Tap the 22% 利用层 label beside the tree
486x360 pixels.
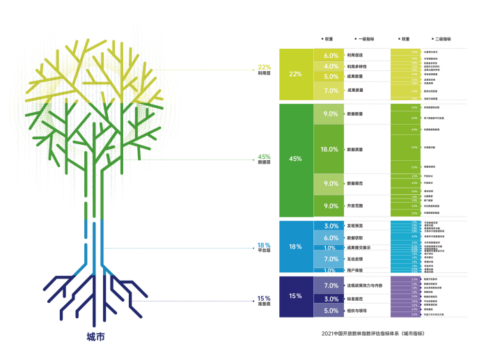(264, 69)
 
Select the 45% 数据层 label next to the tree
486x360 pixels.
(264, 159)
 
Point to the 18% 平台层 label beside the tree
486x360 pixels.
(264, 248)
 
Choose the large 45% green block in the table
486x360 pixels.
(295, 159)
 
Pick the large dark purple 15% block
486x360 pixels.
(295, 296)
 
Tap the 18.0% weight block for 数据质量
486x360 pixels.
(331, 150)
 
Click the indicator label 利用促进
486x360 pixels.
(355, 55)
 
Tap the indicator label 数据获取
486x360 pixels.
(355, 238)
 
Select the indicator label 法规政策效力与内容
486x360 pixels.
(363, 285)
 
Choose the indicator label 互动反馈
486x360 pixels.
(355, 259)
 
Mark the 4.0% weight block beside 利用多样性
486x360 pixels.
(331, 66)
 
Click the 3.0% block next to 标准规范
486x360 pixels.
(331, 299)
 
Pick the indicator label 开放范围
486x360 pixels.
(355, 206)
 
